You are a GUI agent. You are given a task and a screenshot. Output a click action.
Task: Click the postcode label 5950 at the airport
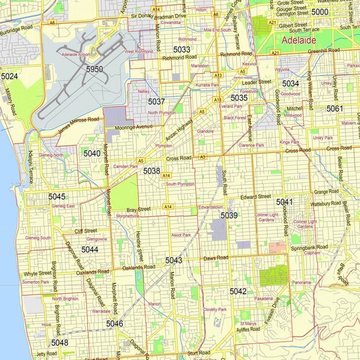94,69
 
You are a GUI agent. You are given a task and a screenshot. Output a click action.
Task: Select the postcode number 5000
320,12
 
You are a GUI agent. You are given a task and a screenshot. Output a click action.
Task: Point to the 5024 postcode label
9,76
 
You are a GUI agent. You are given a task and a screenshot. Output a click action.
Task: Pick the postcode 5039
229,215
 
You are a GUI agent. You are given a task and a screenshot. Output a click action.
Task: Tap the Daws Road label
215,258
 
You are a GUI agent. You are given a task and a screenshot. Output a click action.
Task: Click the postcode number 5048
59,343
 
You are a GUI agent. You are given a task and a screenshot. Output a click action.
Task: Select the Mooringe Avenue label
134,127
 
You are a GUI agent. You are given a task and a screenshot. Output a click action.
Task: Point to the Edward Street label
255,196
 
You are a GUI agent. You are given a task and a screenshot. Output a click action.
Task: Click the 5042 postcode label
238,291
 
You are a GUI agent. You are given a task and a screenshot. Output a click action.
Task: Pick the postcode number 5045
57,197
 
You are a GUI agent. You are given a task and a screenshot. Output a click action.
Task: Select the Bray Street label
139,208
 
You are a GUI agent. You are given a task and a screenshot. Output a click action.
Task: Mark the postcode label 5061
335,109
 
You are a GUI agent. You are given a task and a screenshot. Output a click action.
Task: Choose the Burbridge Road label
16,30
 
